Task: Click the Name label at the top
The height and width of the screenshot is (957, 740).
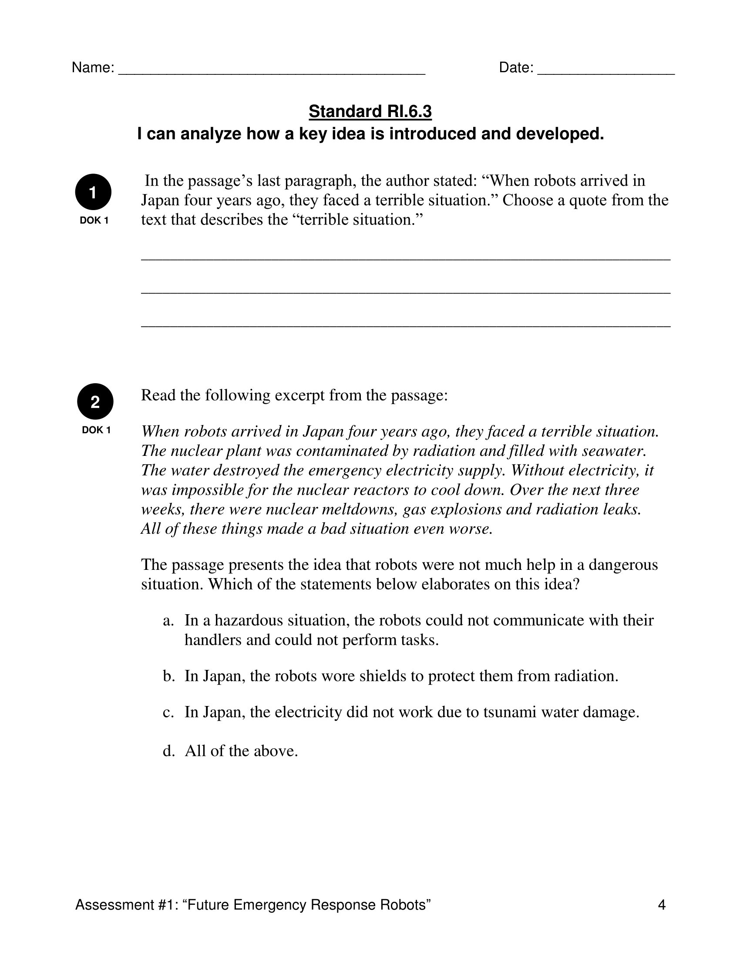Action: click(92, 67)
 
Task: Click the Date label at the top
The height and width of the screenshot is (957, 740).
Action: click(516, 67)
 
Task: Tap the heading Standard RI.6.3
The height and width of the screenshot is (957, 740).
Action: click(370, 111)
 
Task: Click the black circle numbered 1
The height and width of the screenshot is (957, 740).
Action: click(93, 192)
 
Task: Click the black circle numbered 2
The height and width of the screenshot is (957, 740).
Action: click(95, 402)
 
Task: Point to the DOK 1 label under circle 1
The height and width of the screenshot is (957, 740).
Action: click(94, 221)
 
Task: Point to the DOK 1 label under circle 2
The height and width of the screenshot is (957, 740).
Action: click(96, 430)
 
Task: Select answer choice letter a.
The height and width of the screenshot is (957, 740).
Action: click(168, 620)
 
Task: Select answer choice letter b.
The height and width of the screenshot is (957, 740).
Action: click(169, 676)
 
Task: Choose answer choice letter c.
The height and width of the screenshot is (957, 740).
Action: click(168, 712)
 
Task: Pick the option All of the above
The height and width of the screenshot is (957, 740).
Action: click(241, 751)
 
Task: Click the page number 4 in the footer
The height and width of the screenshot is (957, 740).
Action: click(662, 905)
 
